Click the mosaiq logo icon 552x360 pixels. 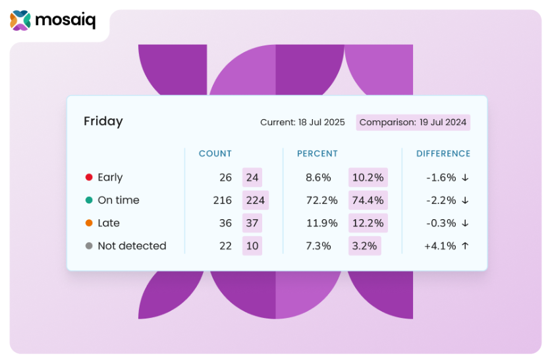point(20,20)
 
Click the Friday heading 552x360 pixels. point(103,122)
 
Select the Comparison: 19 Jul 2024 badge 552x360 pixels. point(413,122)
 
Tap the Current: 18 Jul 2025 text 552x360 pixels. point(302,122)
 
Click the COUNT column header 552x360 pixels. point(215,154)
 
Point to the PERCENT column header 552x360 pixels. point(317,154)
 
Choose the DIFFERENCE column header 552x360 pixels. point(443,154)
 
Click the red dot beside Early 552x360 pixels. point(89,178)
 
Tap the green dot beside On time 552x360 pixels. point(89,200)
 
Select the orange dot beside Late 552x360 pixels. point(89,223)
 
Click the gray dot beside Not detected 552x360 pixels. point(89,246)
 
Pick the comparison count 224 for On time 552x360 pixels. point(255,200)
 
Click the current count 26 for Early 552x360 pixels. point(225,178)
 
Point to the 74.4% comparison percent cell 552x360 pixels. point(368,200)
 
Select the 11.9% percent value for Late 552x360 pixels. point(321,223)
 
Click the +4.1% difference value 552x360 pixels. point(441,246)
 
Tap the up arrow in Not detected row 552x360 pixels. point(465,246)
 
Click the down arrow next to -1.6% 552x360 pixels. point(465,178)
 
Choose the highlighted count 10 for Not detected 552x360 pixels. point(252,246)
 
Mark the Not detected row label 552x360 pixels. point(132,246)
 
